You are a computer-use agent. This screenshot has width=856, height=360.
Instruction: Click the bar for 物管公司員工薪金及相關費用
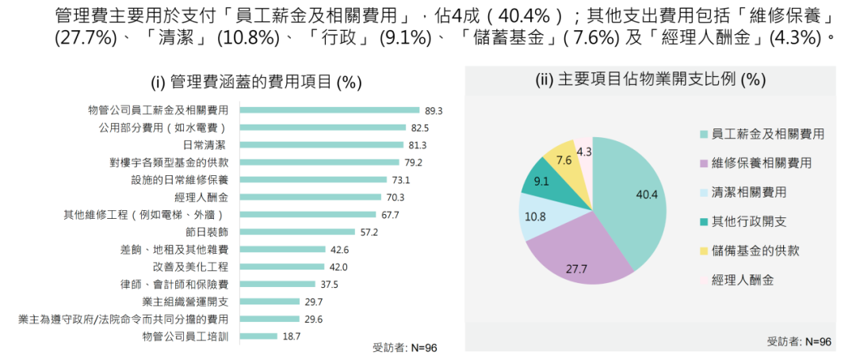[x=329, y=110]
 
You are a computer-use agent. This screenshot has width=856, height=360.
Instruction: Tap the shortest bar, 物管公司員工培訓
[x=258, y=336]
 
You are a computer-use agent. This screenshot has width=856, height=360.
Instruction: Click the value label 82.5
[x=420, y=128]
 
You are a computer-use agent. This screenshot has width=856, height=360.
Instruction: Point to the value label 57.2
[x=369, y=232]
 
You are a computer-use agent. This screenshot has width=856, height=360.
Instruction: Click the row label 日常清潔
[x=205, y=145]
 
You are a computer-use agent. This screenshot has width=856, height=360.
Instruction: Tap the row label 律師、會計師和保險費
[x=180, y=284]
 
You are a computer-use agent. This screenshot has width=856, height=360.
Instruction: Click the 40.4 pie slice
[x=630, y=198]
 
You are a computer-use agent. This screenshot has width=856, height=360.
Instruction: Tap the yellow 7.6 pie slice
[x=564, y=158]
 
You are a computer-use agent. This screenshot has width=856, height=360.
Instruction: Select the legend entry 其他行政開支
[x=749, y=221]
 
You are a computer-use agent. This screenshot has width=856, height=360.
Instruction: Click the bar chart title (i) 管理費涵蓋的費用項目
[x=256, y=83]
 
